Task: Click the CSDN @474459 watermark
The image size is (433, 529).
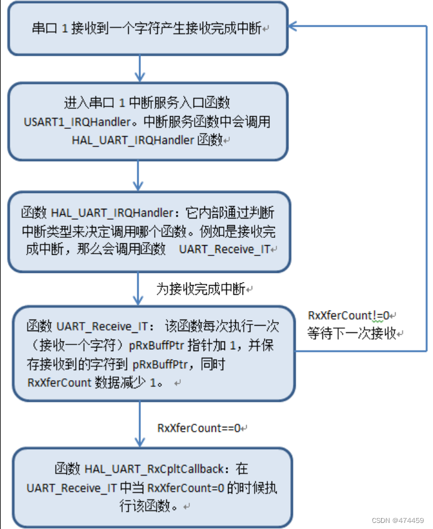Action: click(400, 519)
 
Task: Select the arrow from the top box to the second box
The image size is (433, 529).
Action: click(140, 68)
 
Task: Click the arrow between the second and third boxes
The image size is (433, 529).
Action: click(140, 176)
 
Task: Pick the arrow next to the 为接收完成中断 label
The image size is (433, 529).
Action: click(140, 289)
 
